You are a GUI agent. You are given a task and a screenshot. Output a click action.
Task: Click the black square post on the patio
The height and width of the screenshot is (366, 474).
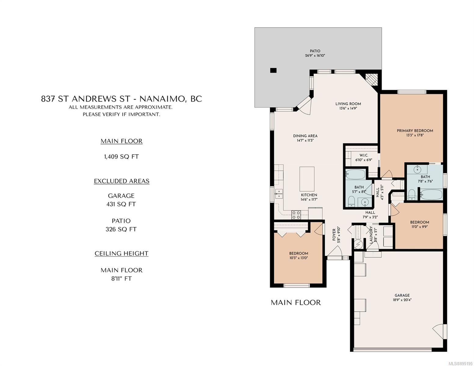click(x=273, y=70)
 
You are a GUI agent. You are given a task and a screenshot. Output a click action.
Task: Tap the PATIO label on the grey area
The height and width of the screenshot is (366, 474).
click(x=315, y=51)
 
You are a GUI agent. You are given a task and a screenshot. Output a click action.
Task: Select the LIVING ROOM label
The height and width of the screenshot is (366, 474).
click(x=348, y=104)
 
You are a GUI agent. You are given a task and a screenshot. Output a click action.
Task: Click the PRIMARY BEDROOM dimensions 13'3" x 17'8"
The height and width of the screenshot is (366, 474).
click(x=415, y=135)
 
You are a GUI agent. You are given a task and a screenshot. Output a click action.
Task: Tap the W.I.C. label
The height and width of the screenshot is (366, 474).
click(x=364, y=155)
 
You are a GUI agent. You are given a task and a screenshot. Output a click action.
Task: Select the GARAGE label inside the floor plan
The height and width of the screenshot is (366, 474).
click(x=402, y=295)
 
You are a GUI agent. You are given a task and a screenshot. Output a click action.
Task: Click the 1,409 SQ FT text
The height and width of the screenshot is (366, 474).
click(x=121, y=157)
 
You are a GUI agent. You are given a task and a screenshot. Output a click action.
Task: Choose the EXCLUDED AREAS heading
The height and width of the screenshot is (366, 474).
click(x=121, y=181)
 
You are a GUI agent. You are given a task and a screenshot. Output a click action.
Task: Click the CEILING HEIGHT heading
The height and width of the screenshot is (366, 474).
click(x=121, y=253)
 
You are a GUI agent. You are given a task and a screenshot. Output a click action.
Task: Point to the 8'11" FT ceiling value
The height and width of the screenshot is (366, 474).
click(x=121, y=278)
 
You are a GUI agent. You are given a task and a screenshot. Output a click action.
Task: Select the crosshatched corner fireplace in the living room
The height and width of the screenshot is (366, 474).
click(x=371, y=80)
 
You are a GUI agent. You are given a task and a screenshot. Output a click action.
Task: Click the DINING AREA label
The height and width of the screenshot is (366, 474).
click(x=305, y=136)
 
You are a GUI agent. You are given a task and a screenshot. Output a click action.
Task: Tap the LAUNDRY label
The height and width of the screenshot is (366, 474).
click(x=371, y=235)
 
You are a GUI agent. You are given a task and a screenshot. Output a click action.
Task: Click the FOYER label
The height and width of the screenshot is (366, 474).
click(x=334, y=235)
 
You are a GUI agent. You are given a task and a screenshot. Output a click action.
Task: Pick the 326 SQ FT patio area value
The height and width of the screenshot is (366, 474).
click(x=121, y=229)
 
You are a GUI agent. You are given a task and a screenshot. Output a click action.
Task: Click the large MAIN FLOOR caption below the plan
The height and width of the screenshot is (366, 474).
click(x=296, y=303)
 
